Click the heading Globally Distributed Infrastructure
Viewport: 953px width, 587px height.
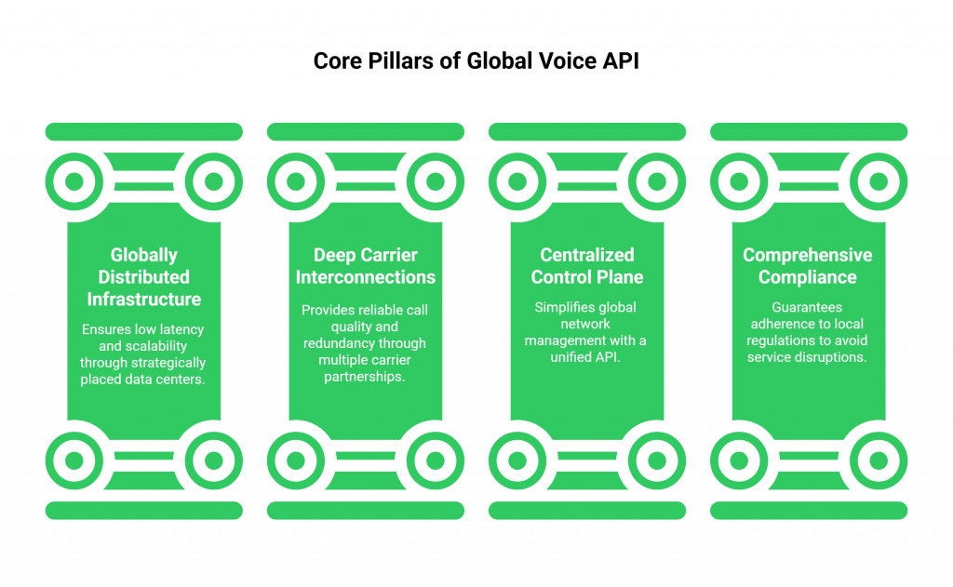(143, 277)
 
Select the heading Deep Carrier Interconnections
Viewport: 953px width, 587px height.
(365, 266)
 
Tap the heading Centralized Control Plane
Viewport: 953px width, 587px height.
(587, 266)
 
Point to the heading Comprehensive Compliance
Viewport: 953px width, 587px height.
(808, 266)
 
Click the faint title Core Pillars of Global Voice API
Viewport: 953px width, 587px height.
(476, 61)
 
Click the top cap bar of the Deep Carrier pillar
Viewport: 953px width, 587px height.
(365, 131)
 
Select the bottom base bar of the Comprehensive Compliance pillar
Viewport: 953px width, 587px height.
(808, 510)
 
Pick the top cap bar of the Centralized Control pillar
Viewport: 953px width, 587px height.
(587, 131)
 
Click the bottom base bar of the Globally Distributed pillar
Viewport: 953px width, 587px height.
(143, 510)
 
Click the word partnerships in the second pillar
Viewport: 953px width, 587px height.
(366, 377)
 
